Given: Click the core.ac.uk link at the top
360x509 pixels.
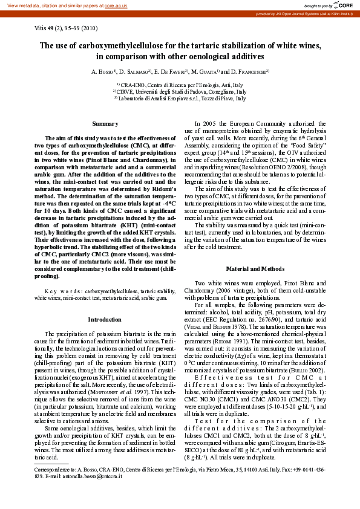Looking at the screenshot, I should pyautogui.click(x=116, y=5).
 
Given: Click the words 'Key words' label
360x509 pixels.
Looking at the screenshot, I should pyautogui.click(x=66, y=291).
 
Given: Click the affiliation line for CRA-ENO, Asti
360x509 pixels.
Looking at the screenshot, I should pyautogui.click(x=180, y=85).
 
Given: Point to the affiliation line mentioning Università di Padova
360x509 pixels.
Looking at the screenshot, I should pyautogui.click(x=180, y=91).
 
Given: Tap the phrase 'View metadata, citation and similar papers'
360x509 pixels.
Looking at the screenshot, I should pyautogui.click(x=51, y=5).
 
